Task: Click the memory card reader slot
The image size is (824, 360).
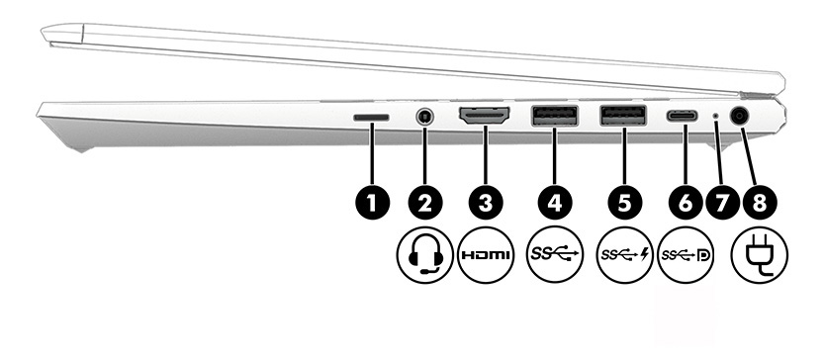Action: (371, 116)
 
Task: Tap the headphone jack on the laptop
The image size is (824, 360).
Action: (425, 116)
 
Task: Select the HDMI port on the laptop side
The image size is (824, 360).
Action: (485, 117)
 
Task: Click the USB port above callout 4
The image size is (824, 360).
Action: (554, 117)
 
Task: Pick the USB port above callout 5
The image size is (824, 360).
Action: (623, 117)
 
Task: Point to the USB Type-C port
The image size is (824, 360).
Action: (683, 116)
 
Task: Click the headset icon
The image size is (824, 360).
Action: (425, 254)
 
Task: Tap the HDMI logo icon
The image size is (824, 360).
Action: (486, 254)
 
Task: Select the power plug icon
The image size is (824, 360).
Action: (760, 254)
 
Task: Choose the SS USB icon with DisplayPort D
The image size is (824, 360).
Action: (684, 254)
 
